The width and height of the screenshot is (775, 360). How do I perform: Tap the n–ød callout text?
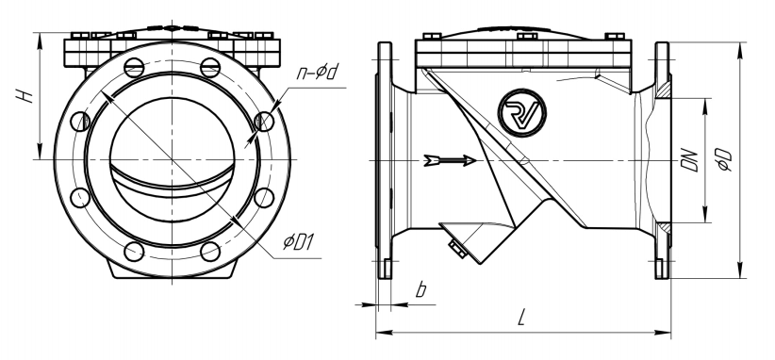click(317, 74)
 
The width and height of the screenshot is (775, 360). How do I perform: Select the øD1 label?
click(300, 242)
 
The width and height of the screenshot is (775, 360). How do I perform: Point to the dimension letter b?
click(420, 289)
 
